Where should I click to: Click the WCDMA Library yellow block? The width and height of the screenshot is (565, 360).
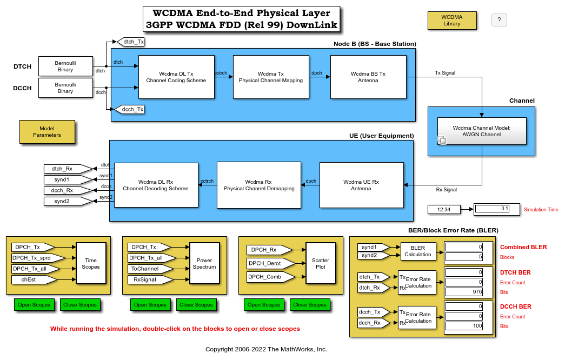click(x=451, y=21)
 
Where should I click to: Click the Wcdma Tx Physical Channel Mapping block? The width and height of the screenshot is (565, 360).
click(x=270, y=77)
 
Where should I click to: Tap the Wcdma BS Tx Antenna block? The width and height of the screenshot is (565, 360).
click(x=368, y=77)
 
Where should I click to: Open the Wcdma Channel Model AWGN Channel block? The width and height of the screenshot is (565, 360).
click(x=481, y=131)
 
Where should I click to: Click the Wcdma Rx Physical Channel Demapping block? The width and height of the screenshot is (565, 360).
click(x=258, y=185)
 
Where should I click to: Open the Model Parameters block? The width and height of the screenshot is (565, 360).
click(x=47, y=131)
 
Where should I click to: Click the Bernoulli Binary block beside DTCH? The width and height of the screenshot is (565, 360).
click(x=65, y=66)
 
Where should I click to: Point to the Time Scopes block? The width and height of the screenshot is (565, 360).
click(x=90, y=263)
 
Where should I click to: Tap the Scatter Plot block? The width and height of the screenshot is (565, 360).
click(x=320, y=263)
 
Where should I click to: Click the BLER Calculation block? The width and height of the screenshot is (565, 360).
click(x=418, y=251)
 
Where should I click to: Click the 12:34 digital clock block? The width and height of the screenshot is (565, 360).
click(x=443, y=209)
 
